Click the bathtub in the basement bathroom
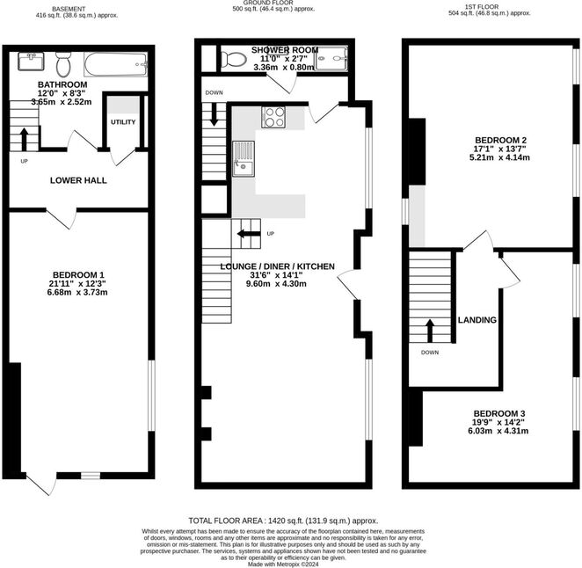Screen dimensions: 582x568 [x=116, y=64]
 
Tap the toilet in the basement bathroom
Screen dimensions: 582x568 [x=63, y=64]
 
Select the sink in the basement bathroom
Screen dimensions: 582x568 [x=31, y=62]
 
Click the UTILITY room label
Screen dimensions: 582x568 [x=123, y=122]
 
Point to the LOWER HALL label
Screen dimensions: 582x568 [x=78, y=180]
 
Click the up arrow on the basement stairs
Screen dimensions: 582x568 [x=24, y=138]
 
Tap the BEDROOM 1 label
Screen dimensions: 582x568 [x=78, y=275]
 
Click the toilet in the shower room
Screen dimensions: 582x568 [x=234, y=59]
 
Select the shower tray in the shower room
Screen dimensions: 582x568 [x=331, y=58]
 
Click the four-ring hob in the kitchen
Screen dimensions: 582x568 [x=273, y=117]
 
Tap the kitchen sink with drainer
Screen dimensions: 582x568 [x=244, y=159]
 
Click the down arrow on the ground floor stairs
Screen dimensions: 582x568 [x=215, y=114]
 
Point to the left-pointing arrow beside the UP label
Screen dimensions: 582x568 [x=249, y=234]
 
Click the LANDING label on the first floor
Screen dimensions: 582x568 [x=477, y=320]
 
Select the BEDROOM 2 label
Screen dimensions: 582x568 [x=501, y=141]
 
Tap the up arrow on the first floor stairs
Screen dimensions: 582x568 [x=429, y=331]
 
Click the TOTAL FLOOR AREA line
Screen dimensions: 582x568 [x=283, y=521]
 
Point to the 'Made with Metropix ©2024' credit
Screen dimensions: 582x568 [x=283, y=564]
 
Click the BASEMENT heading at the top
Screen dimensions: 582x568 [x=69, y=9]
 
